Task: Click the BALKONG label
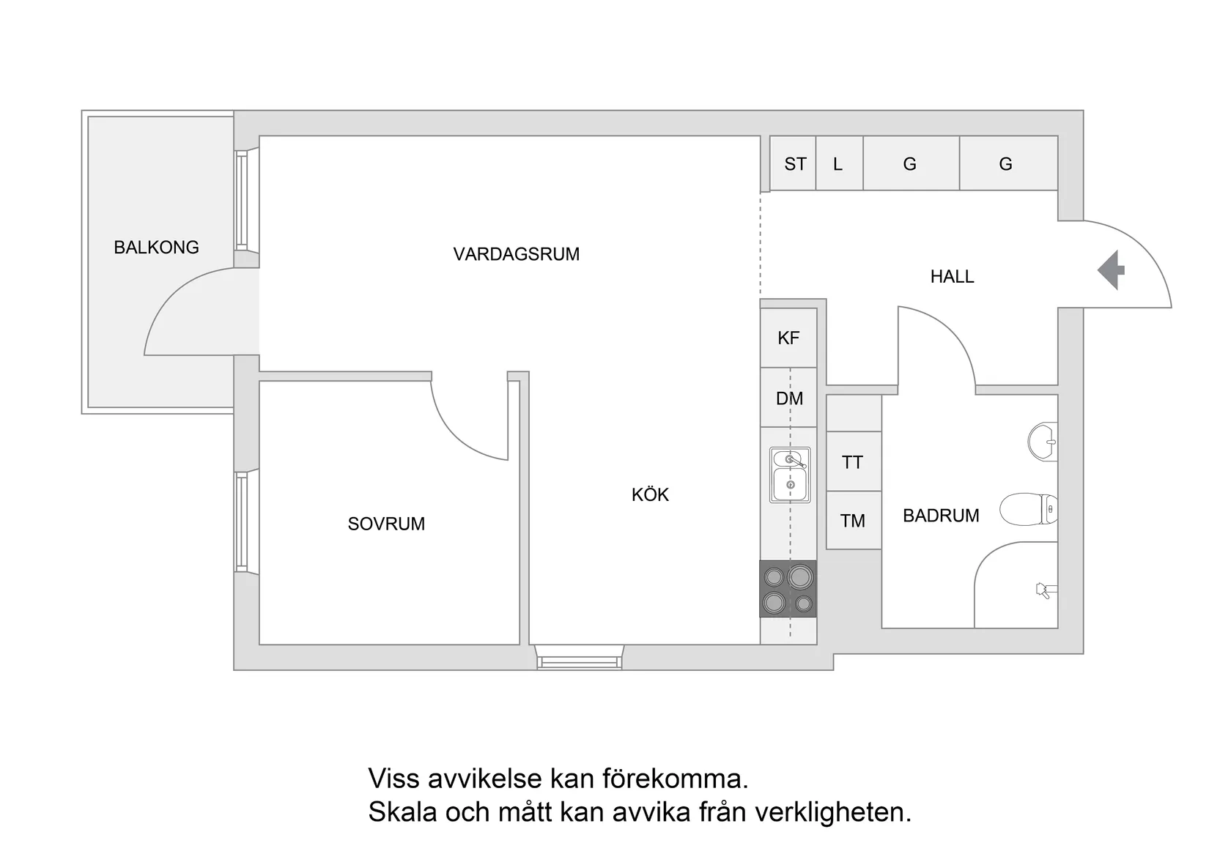[156, 248]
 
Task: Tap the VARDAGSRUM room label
[516, 254]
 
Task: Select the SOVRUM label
[386, 524]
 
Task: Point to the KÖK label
[650, 495]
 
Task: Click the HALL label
[952, 277]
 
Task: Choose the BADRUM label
[941, 516]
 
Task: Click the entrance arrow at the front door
[1112, 270]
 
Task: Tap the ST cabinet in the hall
[794, 164]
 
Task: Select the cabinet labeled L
[838, 164]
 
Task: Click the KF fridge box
[788, 338]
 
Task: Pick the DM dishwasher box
[789, 398]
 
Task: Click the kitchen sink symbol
[790, 475]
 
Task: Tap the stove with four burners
[788, 589]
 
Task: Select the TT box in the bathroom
[853, 462]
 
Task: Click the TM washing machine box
[853, 521]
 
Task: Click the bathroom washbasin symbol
[1043, 442]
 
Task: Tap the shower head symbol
[1044, 590]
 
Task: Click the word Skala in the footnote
[402, 812]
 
